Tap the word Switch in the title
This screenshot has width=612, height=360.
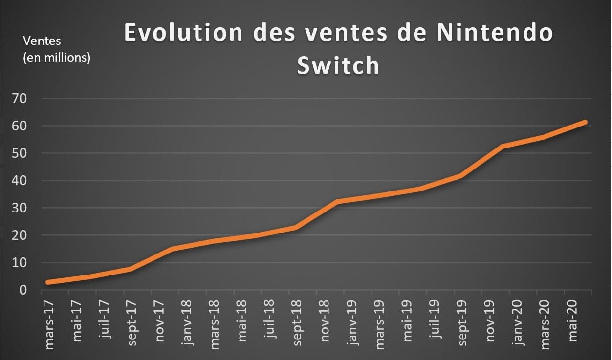(x=338, y=66)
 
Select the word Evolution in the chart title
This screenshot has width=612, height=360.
(x=184, y=33)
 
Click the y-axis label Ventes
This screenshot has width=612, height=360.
(x=42, y=41)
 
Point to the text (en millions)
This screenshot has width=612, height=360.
(x=57, y=58)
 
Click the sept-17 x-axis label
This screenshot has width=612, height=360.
(x=132, y=318)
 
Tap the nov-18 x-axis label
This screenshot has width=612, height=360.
(x=325, y=318)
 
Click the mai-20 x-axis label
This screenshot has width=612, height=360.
(x=573, y=317)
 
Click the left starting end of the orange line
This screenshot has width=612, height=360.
(x=48, y=282)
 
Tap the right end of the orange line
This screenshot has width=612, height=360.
(x=585, y=122)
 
